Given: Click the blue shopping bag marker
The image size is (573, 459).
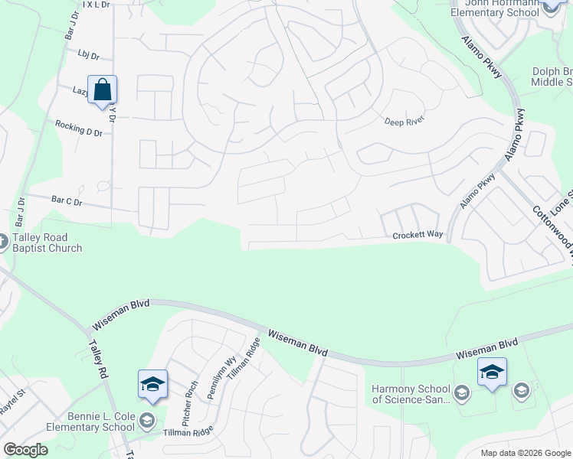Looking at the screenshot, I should pyautogui.click(x=102, y=90).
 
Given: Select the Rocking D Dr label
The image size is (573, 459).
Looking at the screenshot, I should pyautogui.click(x=78, y=128).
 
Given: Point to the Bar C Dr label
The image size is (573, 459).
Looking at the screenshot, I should pyautogui.click(x=67, y=201).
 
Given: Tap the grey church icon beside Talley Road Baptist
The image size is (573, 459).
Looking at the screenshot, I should pyautogui.click(x=2, y=242).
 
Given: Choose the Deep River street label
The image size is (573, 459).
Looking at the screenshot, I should pyautogui.click(x=404, y=121).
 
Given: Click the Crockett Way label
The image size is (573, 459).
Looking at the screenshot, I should pyautogui.click(x=417, y=236).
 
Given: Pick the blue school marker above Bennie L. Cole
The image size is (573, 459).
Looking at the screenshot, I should pyautogui.click(x=152, y=384).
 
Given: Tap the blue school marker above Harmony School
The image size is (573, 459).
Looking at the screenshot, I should pyautogui.click(x=491, y=373).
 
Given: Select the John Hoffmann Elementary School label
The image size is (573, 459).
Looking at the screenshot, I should pyautogui.click(x=494, y=8).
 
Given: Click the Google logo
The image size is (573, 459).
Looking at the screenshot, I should pyautogui.click(x=25, y=450).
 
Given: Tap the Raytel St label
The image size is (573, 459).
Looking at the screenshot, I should pyautogui.click(x=13, y=402).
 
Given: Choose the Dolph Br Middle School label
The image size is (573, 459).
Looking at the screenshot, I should pyautogui.click(x=552, y=76).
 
